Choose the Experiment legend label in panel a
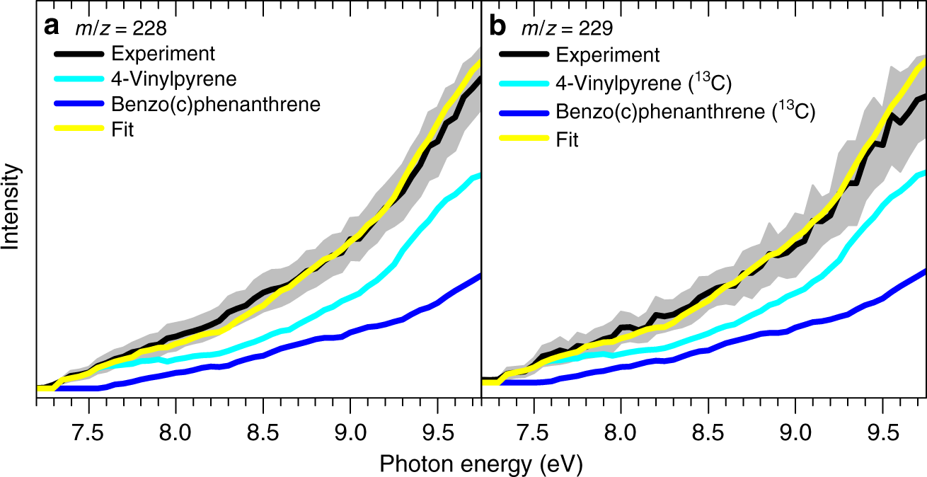tap(163, 54)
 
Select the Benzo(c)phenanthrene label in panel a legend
tap(216, 105)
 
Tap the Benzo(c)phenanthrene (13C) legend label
tap(685, 111)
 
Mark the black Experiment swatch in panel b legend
tap(524, 54)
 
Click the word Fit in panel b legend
tap(567, 140)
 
